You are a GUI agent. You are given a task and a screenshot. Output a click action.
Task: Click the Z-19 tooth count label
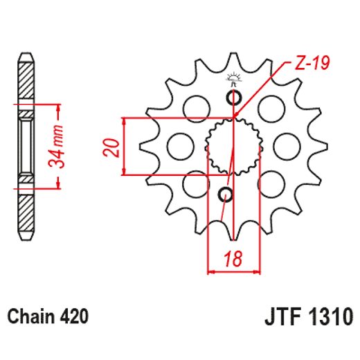point(310,65)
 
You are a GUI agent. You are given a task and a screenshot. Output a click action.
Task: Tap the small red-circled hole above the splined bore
point(233,96)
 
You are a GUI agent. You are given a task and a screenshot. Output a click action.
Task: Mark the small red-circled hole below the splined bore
point(226,195)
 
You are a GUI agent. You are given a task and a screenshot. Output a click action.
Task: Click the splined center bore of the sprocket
point(233,146)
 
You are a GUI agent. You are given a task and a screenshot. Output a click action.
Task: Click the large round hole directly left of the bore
point(181,145)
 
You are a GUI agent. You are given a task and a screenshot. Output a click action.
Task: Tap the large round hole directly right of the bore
point(285,145)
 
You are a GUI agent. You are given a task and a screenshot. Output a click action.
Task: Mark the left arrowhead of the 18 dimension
point(212,272)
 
